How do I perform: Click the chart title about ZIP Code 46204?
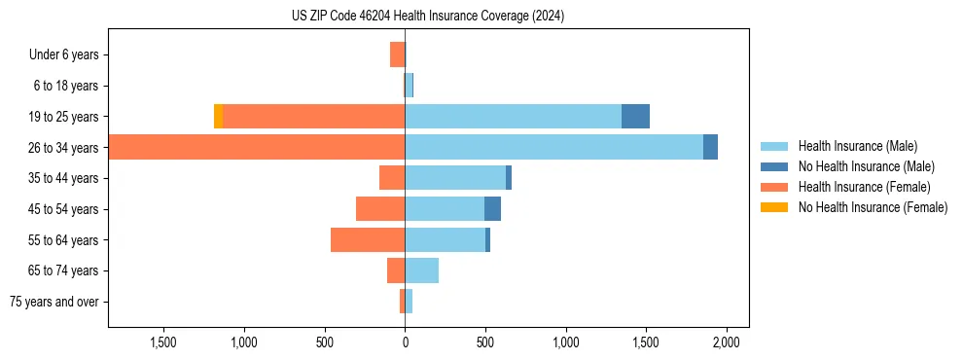[x=428, y=17]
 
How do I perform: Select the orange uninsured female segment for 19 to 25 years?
[x=218, y=116]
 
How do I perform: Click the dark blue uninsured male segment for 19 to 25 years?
[x=635, y=116]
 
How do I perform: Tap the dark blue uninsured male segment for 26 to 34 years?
[x=710, y=147]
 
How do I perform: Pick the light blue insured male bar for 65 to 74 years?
[x=421, y=270]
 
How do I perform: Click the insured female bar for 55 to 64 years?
[x=368, y=239]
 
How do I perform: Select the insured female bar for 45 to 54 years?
[x=380, y=208]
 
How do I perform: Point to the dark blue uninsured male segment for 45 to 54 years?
[x=492, y=208]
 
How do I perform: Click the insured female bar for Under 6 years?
[x=397, y=54]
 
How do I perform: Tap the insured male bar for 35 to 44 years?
[x=455, y=178]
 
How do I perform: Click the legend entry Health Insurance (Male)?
[x=857, y=146]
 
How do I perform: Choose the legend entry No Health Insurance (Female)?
[x=873, y=207]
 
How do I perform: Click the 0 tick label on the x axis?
[x=405, y=342]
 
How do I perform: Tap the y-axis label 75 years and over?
[x=53, y=302]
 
